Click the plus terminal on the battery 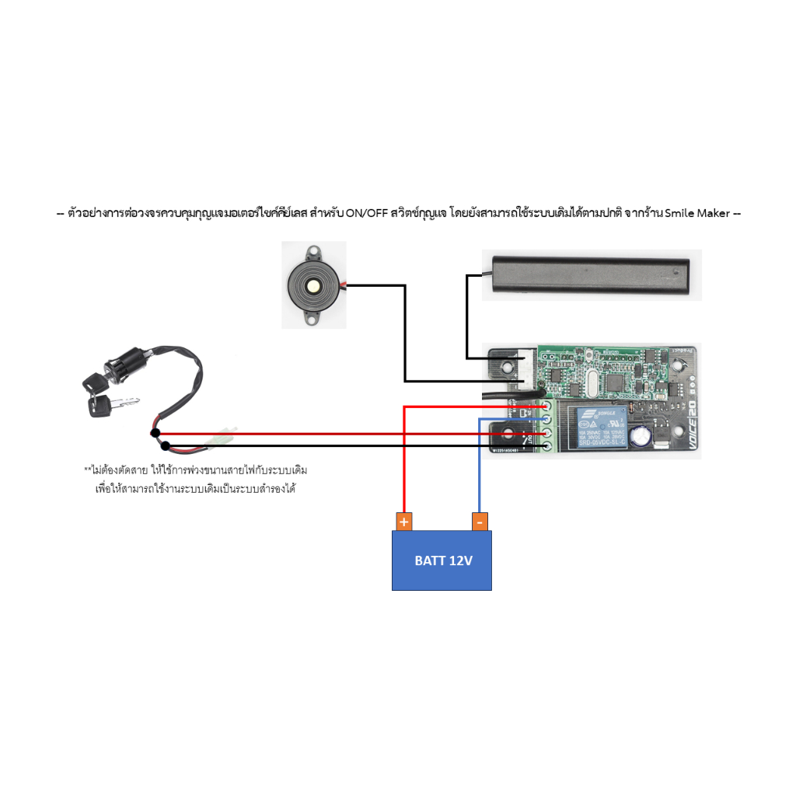point(403,521)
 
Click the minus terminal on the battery point(480,521)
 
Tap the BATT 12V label point(443,560)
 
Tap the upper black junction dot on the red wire point(155,432)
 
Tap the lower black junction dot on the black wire point(166,446)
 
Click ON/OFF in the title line point(365,213)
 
